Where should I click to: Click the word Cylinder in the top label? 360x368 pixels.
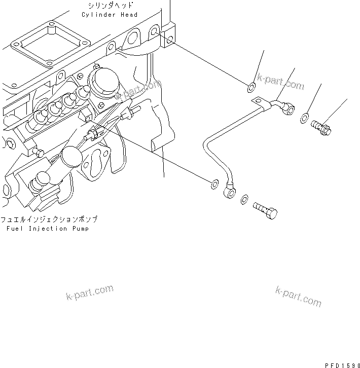[98, 15]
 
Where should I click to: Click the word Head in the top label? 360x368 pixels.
[129, 15]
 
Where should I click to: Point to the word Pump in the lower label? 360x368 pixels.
[79, 229]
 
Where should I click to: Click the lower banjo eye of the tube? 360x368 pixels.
[229, 191]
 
